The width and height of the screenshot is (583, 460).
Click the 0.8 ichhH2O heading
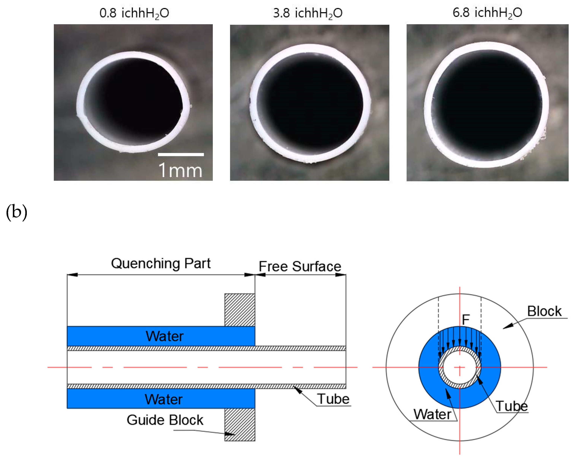click(134, 13)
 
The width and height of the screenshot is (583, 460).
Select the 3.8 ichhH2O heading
click(308, 13)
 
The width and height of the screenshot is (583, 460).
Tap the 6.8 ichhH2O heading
click(487, 12)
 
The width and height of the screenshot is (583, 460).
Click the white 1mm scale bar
click(181, 154)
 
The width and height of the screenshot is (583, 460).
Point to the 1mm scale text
click(180, 170)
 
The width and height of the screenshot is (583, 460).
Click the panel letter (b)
click(16, 212)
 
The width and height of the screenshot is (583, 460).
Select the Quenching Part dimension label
click(161, 263)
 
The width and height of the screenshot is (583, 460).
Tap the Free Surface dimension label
click(300, 266)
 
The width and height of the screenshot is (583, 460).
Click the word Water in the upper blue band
click(165, 336)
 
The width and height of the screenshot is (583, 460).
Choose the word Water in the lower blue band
click(163, 399)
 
